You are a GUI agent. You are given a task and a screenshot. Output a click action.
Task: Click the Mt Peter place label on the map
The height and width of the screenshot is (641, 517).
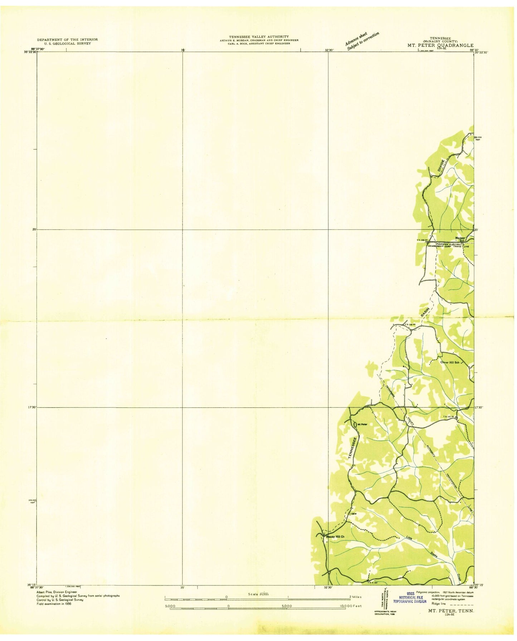(362, 424)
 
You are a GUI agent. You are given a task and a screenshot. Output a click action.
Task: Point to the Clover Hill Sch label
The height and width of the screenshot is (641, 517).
(449, 362)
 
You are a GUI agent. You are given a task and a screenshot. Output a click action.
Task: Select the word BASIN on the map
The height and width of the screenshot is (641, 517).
(425, 312)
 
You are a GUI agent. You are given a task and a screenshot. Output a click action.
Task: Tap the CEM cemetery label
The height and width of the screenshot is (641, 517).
(354, 514)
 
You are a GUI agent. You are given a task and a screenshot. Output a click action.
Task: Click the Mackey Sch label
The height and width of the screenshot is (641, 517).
(460, 239)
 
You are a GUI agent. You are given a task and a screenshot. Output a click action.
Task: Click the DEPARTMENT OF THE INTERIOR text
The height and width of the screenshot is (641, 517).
(67, 39)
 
